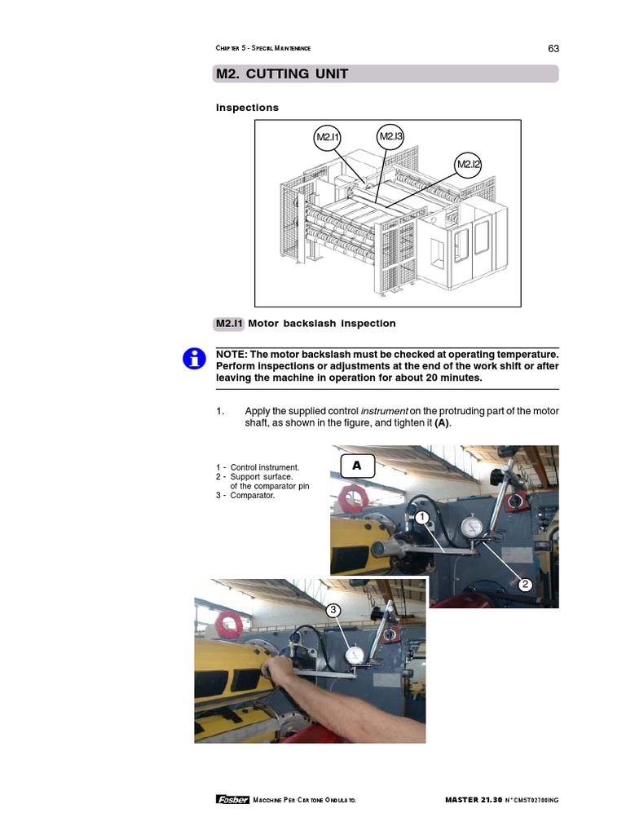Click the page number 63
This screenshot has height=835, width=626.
coord(553,48)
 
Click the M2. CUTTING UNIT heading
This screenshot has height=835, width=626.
coord(282,74)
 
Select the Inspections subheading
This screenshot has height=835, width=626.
coord(247,108)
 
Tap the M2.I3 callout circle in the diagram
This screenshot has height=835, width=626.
coord(391,137)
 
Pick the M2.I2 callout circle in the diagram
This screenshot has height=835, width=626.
coord(469,165)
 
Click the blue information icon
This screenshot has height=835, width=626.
coord(194,358)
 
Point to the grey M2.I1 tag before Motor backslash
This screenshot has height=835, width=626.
coord(229,324)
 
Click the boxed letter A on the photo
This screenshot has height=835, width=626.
coord(356,466)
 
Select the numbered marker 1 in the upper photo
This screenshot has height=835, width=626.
coord(421,518)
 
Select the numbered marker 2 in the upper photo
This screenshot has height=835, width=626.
coord(525,584)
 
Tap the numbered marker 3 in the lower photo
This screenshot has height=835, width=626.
coord(333,610)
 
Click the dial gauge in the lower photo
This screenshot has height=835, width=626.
coord(355,656)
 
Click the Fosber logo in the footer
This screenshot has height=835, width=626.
coord(232,799)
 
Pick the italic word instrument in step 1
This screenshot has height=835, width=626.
coord(384,411)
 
